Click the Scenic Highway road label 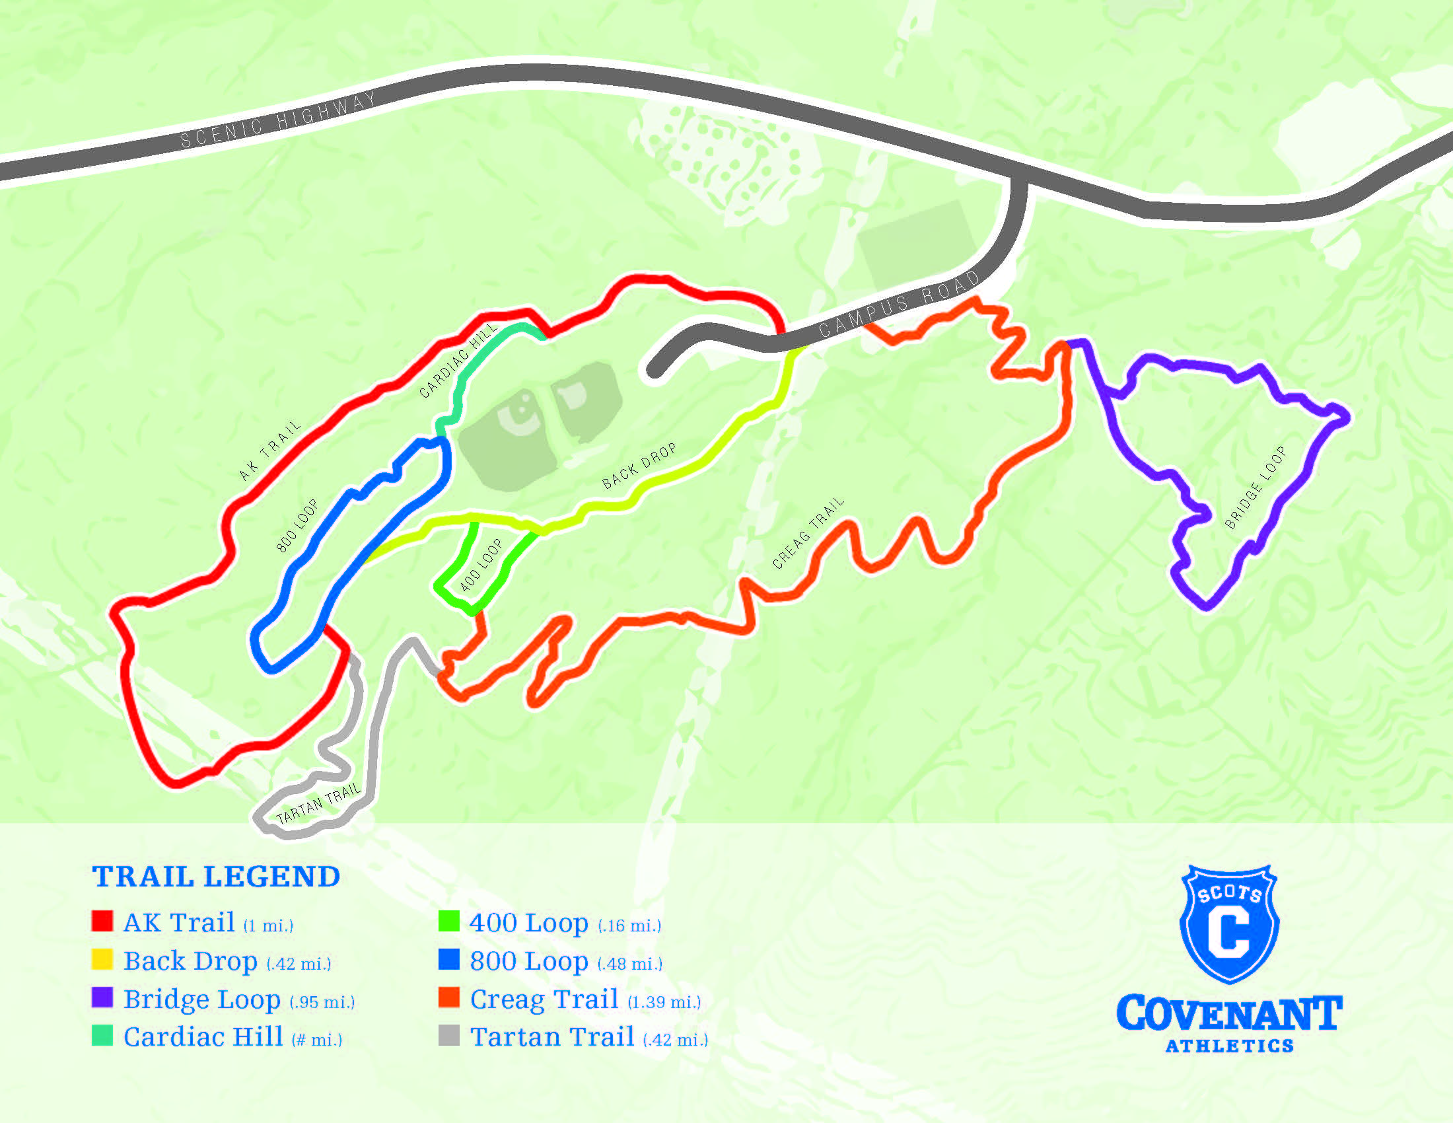click(x=278, y=120)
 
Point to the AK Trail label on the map click(x=269, y=451)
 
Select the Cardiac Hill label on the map click(x=458, y=361)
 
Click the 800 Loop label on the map click(x=297, y=526)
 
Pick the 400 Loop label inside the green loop click(x=481, y=565)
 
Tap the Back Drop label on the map click(x=639, y=466)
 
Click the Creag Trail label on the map click(x=808, y=533)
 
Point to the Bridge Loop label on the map click(x=1255, y=488)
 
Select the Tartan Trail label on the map click(x=318, y=804)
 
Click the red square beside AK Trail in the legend click(x=102, y=922)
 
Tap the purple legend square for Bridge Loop click(x=102, y=997)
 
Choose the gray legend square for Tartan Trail click(x=449, y=1035)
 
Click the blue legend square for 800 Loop click(x=449, y=959)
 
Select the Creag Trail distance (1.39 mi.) click(x=664, y=1002)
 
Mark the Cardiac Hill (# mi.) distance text click(x=316, y=1040)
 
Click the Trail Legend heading click(x=216, y=877)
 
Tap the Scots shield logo click(x=1229, y=924)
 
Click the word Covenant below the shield click(x=1229, y=1013)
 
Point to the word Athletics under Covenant click(x=1229, y=1046)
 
